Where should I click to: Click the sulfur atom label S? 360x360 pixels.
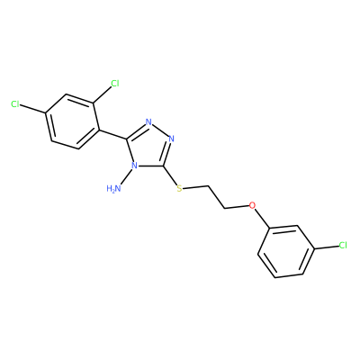179,188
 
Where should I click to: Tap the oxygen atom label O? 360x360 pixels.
253,205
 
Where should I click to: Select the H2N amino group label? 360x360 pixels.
114,188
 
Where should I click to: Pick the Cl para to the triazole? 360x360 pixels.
15,104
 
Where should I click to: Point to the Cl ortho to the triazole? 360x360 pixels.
115,83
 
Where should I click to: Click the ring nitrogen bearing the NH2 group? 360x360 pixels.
135,166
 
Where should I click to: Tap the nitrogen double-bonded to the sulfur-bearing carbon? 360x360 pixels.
172,139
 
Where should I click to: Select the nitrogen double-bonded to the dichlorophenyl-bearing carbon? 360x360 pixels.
148,121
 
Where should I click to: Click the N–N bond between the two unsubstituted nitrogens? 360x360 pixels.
160,130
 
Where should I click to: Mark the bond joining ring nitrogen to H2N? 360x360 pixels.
126,176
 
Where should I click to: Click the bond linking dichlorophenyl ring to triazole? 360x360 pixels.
112,134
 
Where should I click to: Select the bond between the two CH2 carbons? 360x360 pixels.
216,197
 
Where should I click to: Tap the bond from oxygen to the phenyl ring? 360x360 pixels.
263,217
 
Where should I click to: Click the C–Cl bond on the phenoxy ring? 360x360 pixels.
326,247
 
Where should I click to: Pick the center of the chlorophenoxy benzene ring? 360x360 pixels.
286,251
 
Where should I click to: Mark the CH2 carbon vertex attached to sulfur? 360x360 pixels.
208,186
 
